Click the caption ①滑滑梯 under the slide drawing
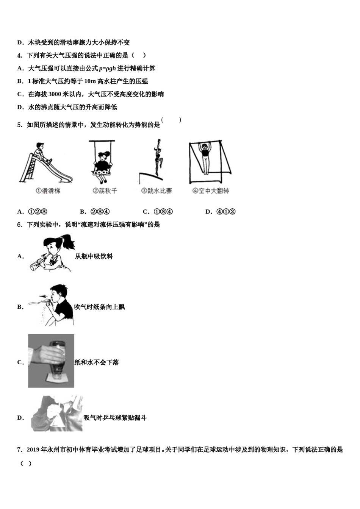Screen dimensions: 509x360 click(x=48, y=191)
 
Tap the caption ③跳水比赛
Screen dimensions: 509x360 click(x=156, y=191)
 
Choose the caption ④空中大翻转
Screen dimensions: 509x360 click(x=211, y=191)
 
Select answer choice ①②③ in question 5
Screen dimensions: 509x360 click(x=38, y=212)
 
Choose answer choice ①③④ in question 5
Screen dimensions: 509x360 click(x=163, y=212)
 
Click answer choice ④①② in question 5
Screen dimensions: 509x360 click(x=226, y=212)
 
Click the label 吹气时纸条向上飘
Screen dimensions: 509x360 click(x=99, y=307)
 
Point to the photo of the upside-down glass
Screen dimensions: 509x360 click(x=51, y=361)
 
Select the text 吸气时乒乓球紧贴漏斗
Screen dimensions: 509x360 click(x=115, y=418)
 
